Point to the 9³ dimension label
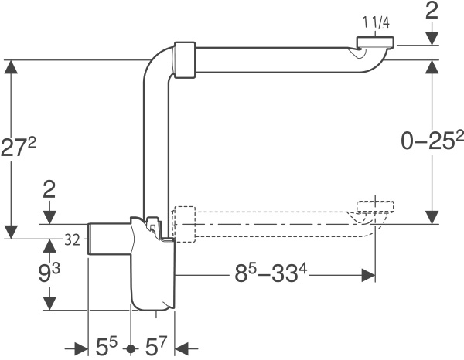50,272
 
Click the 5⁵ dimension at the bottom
107,345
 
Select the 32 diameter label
72,240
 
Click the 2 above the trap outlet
49,190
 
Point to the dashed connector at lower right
377,207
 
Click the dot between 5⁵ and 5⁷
131,348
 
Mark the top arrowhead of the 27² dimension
11,67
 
